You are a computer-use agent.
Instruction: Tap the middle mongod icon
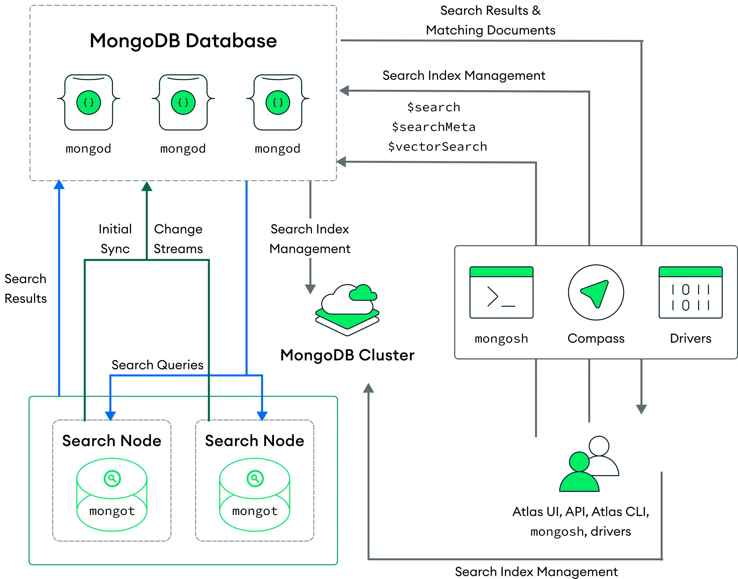[183, 102]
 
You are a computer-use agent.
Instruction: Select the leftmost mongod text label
[88, 148]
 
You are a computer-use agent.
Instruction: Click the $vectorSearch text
[437, 146]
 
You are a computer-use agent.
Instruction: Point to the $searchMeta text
[434, 127]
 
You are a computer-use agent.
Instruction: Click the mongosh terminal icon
[501, 292]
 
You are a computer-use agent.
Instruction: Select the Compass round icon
[596, 292]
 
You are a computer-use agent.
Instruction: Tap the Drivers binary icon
[690, 292]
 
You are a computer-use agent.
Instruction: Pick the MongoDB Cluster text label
[347, 355]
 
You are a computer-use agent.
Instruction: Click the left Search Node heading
[112, 441]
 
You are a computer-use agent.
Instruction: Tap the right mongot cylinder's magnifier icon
[255, 478]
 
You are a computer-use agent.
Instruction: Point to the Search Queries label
[157, 365]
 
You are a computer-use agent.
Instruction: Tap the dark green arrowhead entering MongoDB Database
[147, 186]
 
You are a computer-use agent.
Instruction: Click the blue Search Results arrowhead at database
[59, 184]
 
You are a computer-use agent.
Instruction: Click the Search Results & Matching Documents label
[490, 20]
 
